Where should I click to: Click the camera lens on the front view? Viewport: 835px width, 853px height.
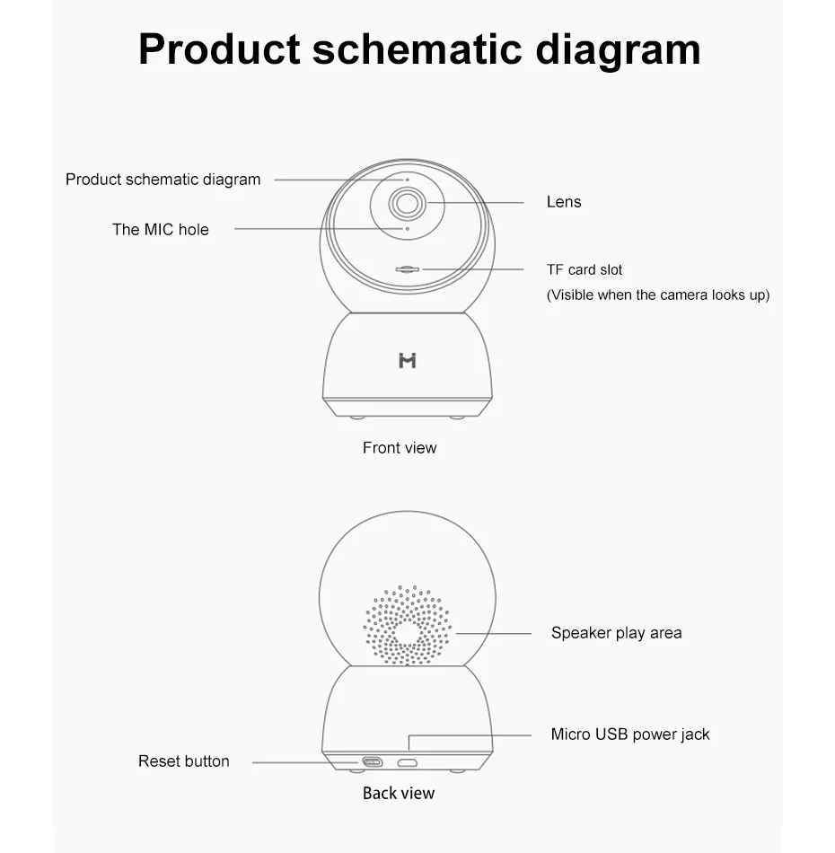click(x=407, y=203)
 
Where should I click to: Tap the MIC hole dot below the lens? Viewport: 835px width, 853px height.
click(x=407, y=229)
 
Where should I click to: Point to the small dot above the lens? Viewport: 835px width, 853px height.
click(x=407, y=180)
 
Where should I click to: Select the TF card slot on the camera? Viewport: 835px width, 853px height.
click(x=408, y=268)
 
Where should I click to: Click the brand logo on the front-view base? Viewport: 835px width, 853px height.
click(x=407, y=360)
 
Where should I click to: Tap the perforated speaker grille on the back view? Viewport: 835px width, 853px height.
click(x=407, y=626)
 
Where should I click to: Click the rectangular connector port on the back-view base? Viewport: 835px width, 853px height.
click(x=372, y=762)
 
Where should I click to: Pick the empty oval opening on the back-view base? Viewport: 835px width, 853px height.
click(x=408, y=762)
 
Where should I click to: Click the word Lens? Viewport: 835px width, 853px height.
click(x=564, y=202)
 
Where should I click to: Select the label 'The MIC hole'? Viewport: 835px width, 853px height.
click(x=160, y=229)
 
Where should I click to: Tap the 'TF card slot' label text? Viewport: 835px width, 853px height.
click(x=584, y=269)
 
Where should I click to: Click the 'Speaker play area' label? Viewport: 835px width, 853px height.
click(x=616, y=633)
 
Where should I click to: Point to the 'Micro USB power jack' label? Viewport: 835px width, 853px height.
click(x=629, y=734)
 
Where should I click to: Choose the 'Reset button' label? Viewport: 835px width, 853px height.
click(x=183, y=761)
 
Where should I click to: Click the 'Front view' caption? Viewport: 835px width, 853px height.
click(x=400, y=447)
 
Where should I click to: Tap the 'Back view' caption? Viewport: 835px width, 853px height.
click(x=399, y=793)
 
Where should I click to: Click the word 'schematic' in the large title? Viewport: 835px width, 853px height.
click(x=416, y=48)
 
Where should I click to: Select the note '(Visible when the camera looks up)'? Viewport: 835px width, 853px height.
click(x=657, y=295)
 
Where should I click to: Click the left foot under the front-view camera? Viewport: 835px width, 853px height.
click(x=357, y=418)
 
